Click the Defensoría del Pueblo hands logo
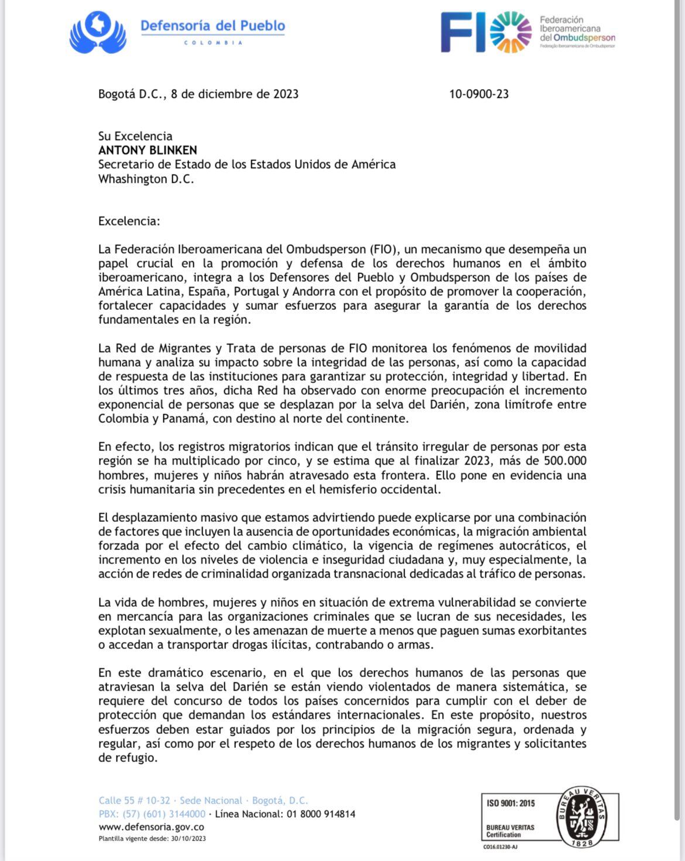click(x=98, y=33)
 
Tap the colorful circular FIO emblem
click(x=511, y=32)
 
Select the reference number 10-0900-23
click(x=478, y=94)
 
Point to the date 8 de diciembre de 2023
click(x=235, y=94)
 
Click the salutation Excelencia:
click(x=129, y=221)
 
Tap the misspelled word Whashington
click(x=132, y=179)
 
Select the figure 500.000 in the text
click(x=564, y=461)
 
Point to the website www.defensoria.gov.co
click(x=151, y=827)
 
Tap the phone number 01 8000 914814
click(x=321, y=814)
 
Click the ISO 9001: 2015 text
click(x=511, y=803)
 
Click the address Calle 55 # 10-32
click(x=134, y=800)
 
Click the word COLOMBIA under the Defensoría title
click(x=213, y=43)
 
